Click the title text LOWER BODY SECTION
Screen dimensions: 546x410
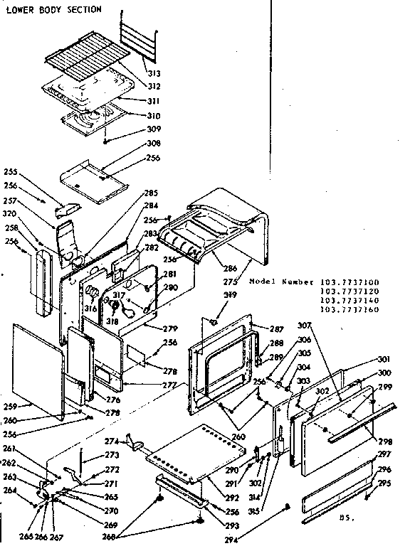(x=54, y=9)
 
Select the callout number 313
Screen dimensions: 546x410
(x=154, y=73)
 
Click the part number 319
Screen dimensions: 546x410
(x=229, y=295)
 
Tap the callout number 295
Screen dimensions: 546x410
(x=384, y=483)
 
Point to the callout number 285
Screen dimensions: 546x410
(x=150, y=193)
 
